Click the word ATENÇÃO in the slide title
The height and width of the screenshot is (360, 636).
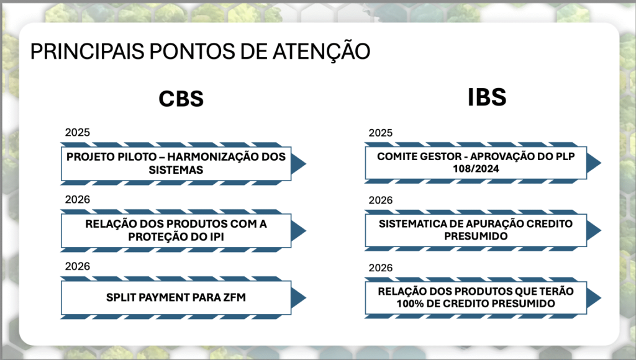click(x=321, y=51)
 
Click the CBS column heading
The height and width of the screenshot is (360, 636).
click(x=181, y=99)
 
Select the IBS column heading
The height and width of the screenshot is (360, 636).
click(x=487, y=97)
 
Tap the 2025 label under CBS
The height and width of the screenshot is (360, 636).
click(x=78, y=132)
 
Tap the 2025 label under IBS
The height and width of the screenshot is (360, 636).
click(x=381, y=133)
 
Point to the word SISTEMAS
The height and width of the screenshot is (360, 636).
click(x=176, y=170)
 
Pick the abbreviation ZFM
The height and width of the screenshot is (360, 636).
click(x=234, y=297)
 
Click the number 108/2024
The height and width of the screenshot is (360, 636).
click(x=476, y=169)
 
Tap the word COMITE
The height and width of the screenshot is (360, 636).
click(x=397, y=156)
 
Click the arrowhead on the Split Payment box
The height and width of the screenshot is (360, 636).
click(x=299, y=297)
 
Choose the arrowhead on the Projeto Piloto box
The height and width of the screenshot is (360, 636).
click(x=299, y=164)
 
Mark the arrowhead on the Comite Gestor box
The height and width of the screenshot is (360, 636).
click(x=594, y=163)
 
